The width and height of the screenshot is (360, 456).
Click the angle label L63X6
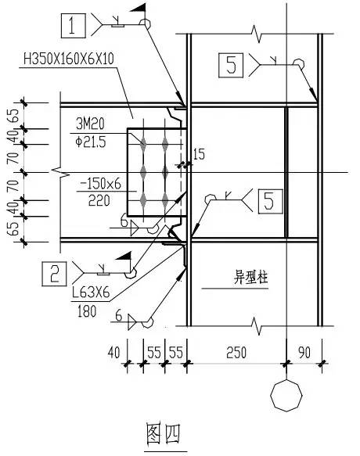[91, 295]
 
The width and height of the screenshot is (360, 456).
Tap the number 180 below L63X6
[88, 311]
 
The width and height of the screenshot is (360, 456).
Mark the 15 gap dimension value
[198, 155]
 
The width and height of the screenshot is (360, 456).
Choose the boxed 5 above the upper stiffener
[230, 65]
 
